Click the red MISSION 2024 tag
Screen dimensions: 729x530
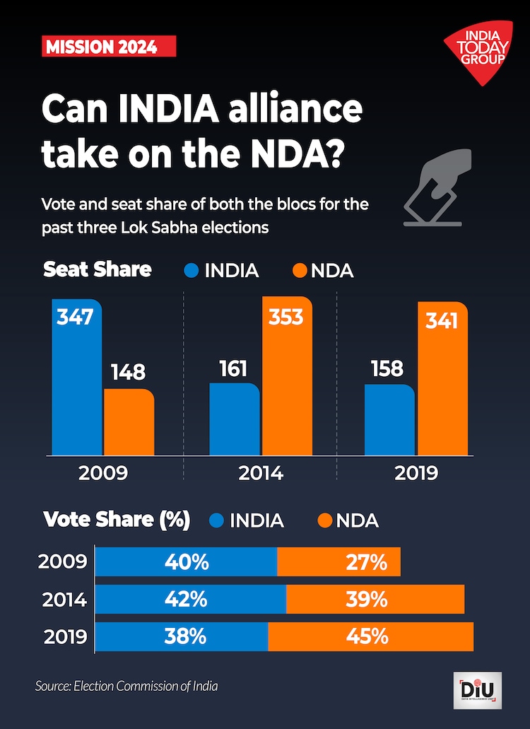[109, 47]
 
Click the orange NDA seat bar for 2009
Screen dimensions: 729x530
[129, 422]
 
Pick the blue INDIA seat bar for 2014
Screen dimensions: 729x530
[235, 419]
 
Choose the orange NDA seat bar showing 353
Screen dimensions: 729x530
[286, 376]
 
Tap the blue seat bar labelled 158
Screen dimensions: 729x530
[389, 420]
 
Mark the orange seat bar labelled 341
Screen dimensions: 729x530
[442, 379]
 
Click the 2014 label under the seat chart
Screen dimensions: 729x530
[260, 473]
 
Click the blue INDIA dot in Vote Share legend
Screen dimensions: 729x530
[217, 521]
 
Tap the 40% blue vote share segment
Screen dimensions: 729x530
[187, 562]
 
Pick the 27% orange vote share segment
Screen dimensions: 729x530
[339, 562]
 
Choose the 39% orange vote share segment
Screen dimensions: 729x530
[375, 599]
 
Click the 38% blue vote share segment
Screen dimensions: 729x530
[182, 636]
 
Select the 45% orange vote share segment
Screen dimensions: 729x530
[371, 636]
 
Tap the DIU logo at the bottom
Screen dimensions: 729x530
[477, 689]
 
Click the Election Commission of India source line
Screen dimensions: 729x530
[126, 686]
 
